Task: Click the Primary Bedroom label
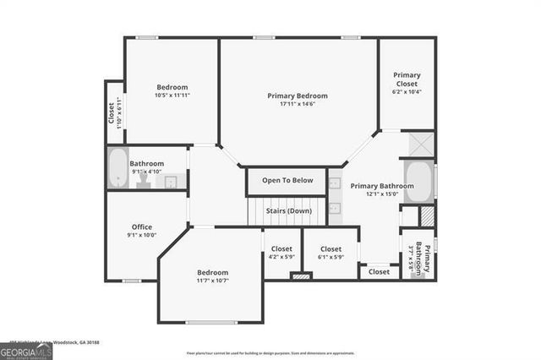(297, 95)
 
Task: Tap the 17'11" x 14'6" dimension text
(297, 104)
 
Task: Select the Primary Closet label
(407, 79)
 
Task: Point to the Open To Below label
(287, 180)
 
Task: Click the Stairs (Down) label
(288, 210)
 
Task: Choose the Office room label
(141, 226)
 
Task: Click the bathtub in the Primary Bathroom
(418, 181)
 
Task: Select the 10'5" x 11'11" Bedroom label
(172, 87)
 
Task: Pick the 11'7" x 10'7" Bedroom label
(212, 272)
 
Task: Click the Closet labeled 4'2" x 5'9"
(281, 249)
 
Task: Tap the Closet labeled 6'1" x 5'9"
(331, 249)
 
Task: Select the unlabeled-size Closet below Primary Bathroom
(379, 272)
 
